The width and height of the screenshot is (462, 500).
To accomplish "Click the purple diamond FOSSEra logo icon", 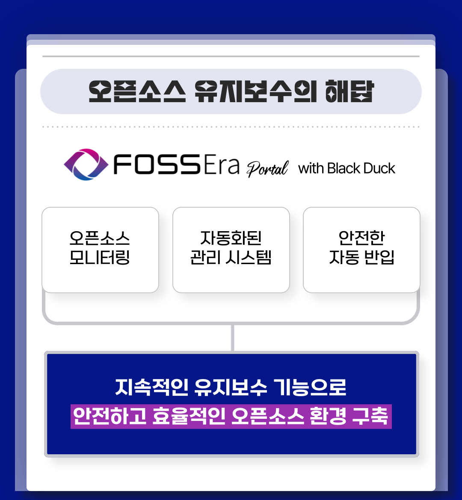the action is [86, 165].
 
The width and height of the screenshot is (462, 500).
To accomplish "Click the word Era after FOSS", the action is [221, 166].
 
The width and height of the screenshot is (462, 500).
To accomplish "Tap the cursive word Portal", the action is [268, 168].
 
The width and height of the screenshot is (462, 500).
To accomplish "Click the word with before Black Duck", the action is [311, 168].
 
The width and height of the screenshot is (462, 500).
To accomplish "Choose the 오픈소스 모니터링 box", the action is [100, 250].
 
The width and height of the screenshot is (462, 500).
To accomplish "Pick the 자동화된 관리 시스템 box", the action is [231, 250].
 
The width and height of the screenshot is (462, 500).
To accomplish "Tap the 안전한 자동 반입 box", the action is [361, 250].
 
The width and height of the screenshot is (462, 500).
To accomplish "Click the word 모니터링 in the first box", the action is [100, 258].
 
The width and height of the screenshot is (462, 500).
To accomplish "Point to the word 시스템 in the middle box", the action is [252, 258].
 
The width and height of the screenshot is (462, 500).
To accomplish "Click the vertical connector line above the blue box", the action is [232, 338].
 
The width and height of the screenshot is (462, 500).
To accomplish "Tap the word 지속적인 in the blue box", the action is [152, 387].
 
